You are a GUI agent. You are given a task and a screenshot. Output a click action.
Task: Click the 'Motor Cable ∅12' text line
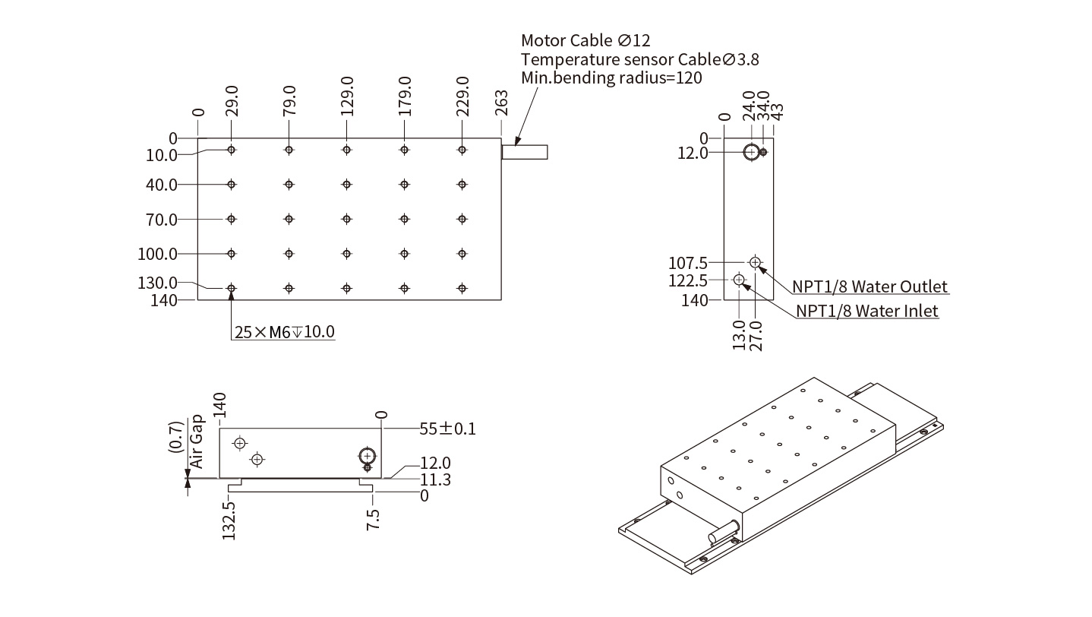click(x=585, y=40)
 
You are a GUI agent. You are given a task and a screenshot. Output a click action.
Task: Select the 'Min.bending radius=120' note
click(x=611, y=78)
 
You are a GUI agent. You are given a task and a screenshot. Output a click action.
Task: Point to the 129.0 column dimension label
click(x=347, y=97)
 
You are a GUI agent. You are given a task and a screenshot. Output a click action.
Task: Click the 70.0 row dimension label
click(x=161, y=220)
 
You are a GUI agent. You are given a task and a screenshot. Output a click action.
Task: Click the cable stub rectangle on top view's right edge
click(x=525, y=152)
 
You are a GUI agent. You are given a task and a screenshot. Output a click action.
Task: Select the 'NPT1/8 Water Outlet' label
click(x=870, y=286)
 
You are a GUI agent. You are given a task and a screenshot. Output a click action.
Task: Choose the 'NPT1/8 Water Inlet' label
click(x=867, y=311)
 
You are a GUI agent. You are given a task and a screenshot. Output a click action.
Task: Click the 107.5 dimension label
click(x=688, y=263)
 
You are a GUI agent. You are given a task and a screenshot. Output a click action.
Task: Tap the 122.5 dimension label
click(x=688, y=281)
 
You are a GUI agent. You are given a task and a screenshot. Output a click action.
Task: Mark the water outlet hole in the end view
click(x=755, y=262)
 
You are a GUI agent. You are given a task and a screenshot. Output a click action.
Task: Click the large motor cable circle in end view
click(x=751, y=152)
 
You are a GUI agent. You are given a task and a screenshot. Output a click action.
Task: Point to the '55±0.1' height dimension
click(x=448, y=429)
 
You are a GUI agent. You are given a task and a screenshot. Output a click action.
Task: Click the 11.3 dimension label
click(x=435, y=479)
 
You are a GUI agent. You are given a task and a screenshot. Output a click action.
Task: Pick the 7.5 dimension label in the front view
click(x=373, y=516)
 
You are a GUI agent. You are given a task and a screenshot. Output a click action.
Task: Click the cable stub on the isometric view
click(x=724, y=530)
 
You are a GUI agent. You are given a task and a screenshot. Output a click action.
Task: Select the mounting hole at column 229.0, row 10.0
click(x=462, y=150)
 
